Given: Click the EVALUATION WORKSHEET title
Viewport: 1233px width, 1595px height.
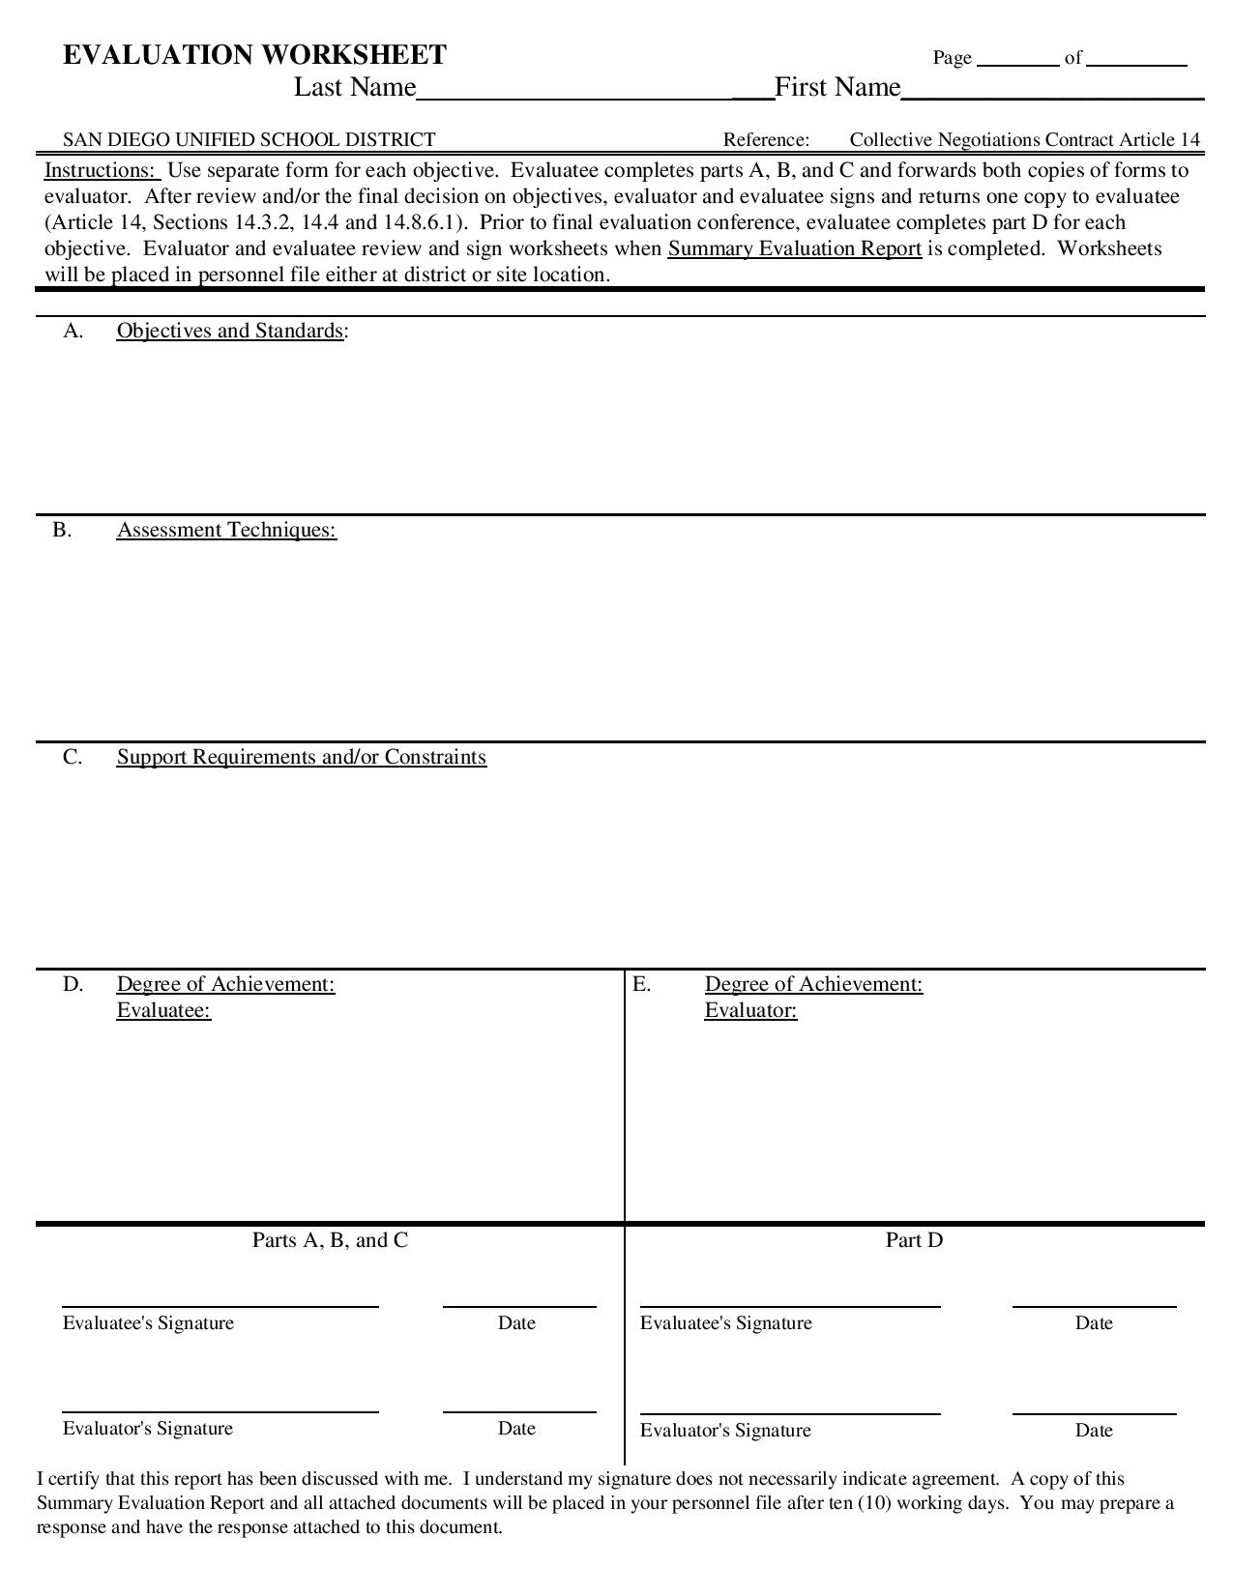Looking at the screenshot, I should click(254, 55).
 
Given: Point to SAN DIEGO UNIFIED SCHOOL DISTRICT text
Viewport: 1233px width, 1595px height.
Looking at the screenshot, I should click(249, 139).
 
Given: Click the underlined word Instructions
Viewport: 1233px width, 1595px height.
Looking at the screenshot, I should click(100, 171).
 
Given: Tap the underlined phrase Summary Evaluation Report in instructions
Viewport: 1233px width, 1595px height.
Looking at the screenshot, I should click(794, 248).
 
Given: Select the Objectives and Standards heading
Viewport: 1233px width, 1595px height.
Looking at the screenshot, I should click(230, 331).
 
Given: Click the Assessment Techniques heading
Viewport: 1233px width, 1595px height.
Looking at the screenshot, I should click(226, 530).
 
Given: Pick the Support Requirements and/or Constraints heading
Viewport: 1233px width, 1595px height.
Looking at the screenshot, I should click(301, 757).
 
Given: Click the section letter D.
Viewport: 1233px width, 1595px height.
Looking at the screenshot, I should click(73, 984).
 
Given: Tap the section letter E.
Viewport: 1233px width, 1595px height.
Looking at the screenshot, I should click(641, 984).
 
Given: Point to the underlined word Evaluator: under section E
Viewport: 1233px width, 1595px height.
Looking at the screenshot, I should click(750, 1010).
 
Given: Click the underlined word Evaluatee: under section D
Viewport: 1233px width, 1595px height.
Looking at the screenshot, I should click(163, 1010).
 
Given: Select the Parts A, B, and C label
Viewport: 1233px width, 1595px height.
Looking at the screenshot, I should click(330, 1240).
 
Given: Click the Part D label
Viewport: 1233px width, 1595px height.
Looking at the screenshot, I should click(914, 1240).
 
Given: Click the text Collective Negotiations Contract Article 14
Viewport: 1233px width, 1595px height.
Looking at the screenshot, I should click(1024, 139).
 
